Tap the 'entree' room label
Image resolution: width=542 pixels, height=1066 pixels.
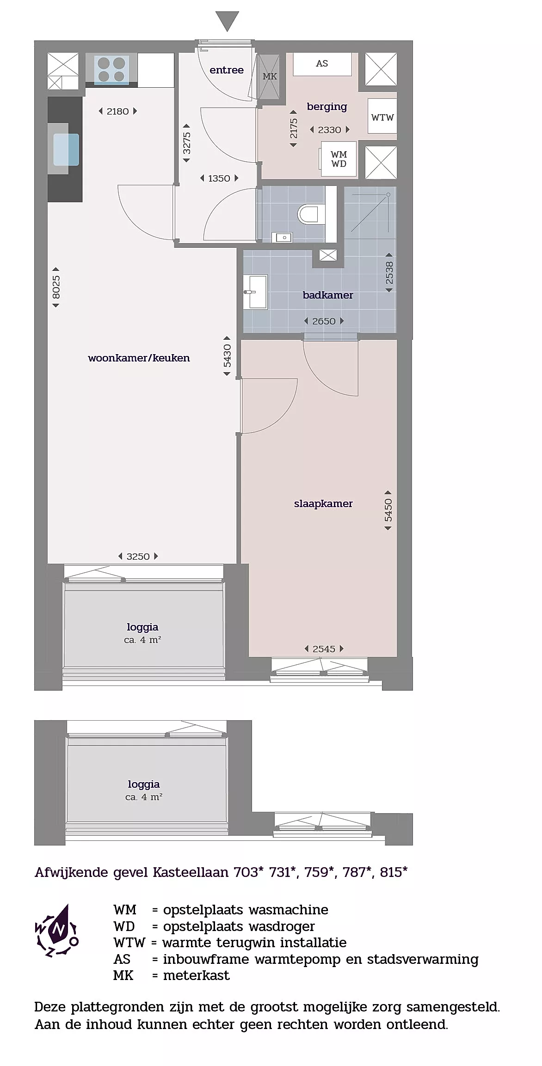coord(227,70)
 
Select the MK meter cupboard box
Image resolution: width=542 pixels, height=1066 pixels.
coord(269,76)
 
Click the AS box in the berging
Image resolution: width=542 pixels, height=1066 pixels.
coord(322,64)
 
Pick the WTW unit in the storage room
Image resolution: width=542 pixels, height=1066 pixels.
coord(382,117)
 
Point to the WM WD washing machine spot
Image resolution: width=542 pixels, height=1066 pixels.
coord(339,159)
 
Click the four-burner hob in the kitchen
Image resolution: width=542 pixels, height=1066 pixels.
coord(111,69)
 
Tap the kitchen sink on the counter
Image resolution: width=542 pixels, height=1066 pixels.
coord(66,149)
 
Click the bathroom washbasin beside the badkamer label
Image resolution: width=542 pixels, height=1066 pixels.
coord(255,292)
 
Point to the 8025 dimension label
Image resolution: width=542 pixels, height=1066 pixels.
coord(56,287)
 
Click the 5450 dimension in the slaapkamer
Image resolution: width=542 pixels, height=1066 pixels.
coord(388,510)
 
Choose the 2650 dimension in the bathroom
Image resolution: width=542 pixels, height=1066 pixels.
coord(324,321)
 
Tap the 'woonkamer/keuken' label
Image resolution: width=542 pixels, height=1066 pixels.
coord(139,358)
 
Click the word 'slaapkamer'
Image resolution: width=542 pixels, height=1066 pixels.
coord(323,504)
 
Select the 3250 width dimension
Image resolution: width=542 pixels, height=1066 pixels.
coord(138,557)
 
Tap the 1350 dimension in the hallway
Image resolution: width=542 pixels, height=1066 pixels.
coord(219,178)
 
